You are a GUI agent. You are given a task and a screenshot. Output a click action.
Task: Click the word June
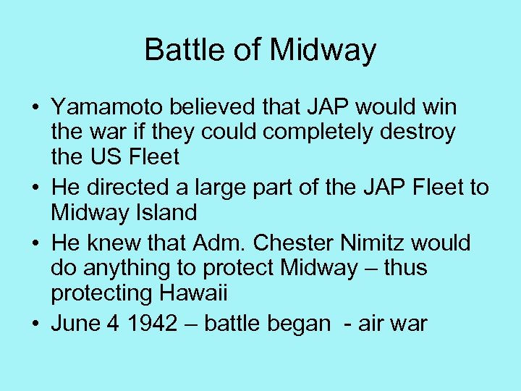(75, 324)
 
